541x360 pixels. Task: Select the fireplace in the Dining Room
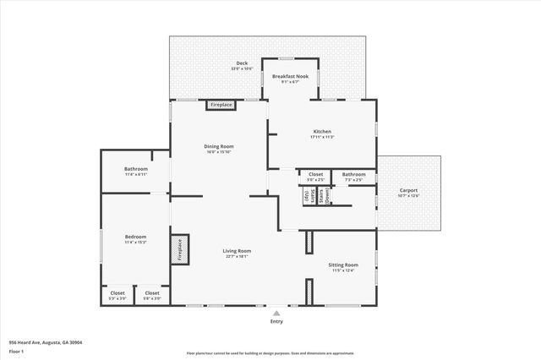[220, 105]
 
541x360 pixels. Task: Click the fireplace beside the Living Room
[179, 251]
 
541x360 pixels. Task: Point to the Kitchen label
[323, 134]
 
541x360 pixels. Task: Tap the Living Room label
[237, 252]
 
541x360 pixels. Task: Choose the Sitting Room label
[343, 266]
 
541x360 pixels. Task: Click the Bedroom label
[135, 238]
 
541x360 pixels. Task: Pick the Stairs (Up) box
[308, 195]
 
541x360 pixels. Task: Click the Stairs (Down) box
[324, 195]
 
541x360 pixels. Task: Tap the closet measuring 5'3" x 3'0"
[117, 295]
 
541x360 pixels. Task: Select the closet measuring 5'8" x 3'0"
[152, 295]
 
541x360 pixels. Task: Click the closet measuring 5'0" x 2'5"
[315, 176]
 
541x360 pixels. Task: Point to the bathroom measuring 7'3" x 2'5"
[353, 176]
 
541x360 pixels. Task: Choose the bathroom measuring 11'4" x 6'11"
[135, 172]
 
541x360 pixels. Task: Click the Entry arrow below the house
[276, 312]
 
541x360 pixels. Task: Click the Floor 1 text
[16, 351]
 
